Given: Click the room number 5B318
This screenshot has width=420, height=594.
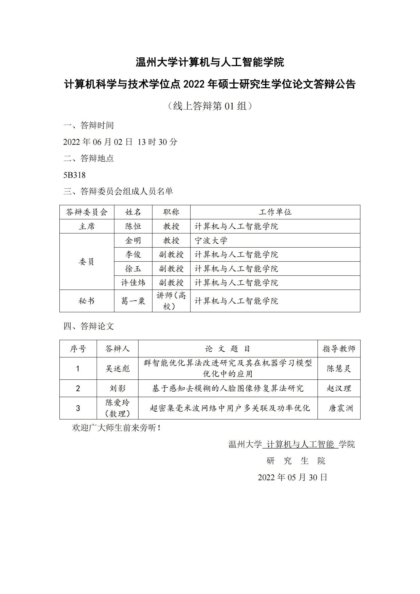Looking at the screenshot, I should click(74, 175).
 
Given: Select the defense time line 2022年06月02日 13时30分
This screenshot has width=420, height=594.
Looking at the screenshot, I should click(120, 142).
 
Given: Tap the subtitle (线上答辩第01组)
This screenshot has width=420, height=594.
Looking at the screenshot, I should click(210, 106).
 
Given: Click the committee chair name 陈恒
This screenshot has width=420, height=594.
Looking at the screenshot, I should click(133, 226).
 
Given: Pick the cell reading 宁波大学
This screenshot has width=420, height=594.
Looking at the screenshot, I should click(211, 240).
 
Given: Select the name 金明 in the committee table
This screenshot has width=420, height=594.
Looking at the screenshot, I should click(133, 240).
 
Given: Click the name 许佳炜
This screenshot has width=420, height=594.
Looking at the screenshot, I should click(133, 282).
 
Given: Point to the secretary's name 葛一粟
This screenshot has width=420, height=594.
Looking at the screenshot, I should click(133, 301).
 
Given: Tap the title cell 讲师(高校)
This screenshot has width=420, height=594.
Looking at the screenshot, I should click(171, 301).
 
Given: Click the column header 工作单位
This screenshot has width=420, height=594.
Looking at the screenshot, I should click(275, 212).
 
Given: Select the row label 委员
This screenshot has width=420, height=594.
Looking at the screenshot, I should click(87, 262).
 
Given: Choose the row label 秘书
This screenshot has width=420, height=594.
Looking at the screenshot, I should click(87, 301).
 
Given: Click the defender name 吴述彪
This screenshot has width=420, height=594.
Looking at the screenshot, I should click(117, 368).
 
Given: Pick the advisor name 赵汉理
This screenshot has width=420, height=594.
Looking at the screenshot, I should click(339, 388).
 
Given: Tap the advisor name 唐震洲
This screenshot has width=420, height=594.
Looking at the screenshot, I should click(341, 408).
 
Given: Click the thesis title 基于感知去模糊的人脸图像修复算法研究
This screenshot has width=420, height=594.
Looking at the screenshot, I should click(228, 388).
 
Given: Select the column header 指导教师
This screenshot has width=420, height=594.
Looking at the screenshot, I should click(339, 349).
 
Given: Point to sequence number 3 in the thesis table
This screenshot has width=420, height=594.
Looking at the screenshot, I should click(78, 408).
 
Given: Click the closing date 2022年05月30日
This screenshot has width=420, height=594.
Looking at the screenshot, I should click(293, 477).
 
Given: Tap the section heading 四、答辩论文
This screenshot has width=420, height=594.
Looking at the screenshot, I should click(89, 326).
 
